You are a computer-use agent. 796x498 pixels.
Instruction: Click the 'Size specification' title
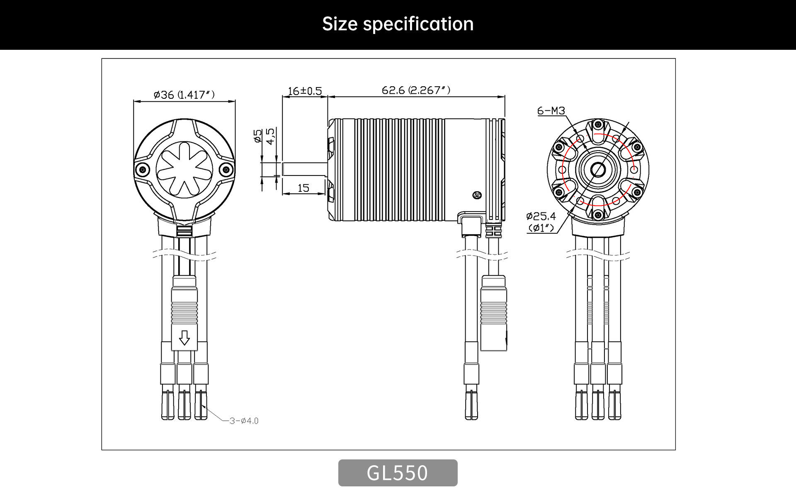click(x=398, y=24)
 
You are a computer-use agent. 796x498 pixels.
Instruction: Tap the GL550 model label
click(x=398, y=473)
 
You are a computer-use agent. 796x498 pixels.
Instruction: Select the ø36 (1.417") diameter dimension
click(x=184, y=95)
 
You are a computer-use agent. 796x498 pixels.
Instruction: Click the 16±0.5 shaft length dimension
click(x=305, y=91)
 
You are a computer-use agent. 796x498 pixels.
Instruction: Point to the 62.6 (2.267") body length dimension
click(x=416, y=90)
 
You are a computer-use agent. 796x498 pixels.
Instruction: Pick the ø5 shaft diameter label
click(x=258, y=136)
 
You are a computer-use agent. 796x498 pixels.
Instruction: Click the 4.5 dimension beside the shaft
click(x=270, y=136)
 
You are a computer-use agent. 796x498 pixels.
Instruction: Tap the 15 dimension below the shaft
click(x=303, y=188)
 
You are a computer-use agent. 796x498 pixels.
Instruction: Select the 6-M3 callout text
click(x=551, y=111)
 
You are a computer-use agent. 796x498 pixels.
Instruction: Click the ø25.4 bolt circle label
click(x=541, y=216)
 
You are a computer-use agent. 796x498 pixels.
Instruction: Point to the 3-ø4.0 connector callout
click(x=244, y=421)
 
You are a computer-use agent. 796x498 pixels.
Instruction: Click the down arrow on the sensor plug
click(x=184, y=338)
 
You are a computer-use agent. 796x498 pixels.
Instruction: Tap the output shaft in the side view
click(x=305, y=169)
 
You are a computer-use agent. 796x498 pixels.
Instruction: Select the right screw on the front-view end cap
click(x=226, y=169)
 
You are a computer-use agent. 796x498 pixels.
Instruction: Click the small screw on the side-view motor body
click(x=477, y=195)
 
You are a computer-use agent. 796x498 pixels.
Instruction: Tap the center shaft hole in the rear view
click(x=598, y=169)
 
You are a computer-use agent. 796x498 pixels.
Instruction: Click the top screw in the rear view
click(x=598, y=124)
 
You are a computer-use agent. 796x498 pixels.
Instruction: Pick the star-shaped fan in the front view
click(x=184, y=169)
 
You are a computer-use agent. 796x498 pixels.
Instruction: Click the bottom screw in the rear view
click(x=598, y=215)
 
